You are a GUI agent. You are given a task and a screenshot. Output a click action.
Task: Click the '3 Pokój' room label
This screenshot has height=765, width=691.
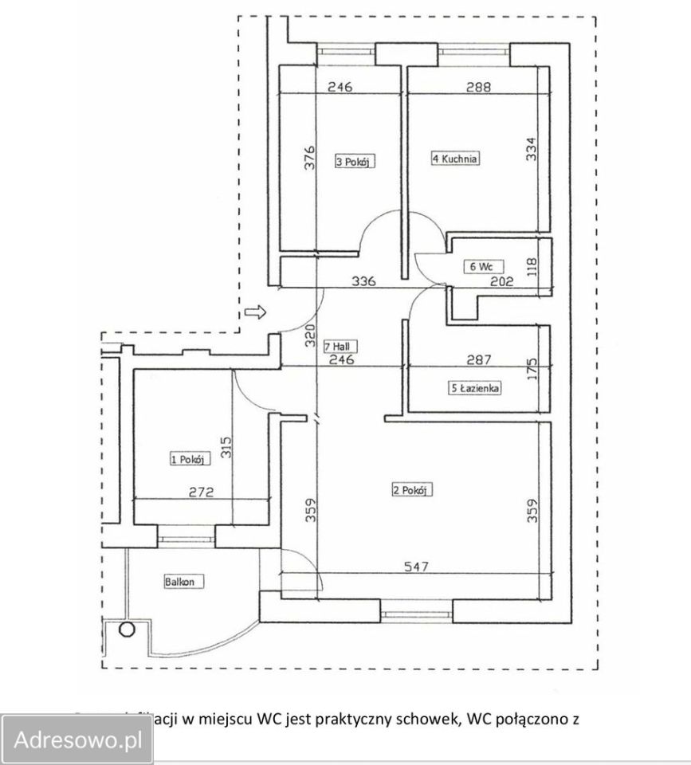tap(355, 162)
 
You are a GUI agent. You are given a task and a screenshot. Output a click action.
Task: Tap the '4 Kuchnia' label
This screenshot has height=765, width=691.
tap(455, 159)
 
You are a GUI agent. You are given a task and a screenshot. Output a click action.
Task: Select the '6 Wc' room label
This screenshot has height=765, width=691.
tap(480, 267)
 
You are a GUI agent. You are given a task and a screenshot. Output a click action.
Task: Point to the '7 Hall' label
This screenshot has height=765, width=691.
tap(340, 347)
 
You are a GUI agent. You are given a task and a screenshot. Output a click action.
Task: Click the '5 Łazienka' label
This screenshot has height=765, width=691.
tap(475, 389)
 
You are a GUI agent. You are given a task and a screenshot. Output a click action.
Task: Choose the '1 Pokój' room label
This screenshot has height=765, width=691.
tap(189, 458)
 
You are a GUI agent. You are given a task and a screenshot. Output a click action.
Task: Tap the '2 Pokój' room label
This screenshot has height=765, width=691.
tap(411, 490)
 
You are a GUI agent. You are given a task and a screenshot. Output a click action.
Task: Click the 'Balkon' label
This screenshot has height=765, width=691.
tap(180, 582)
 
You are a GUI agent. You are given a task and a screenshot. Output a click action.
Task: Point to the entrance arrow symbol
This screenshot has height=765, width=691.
tap(255, 312)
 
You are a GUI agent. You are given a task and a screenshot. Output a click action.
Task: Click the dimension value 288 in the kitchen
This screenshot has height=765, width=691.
tap(478, 88)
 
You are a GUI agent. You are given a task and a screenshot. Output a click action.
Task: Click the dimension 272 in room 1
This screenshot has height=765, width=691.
tap(202, 492)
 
